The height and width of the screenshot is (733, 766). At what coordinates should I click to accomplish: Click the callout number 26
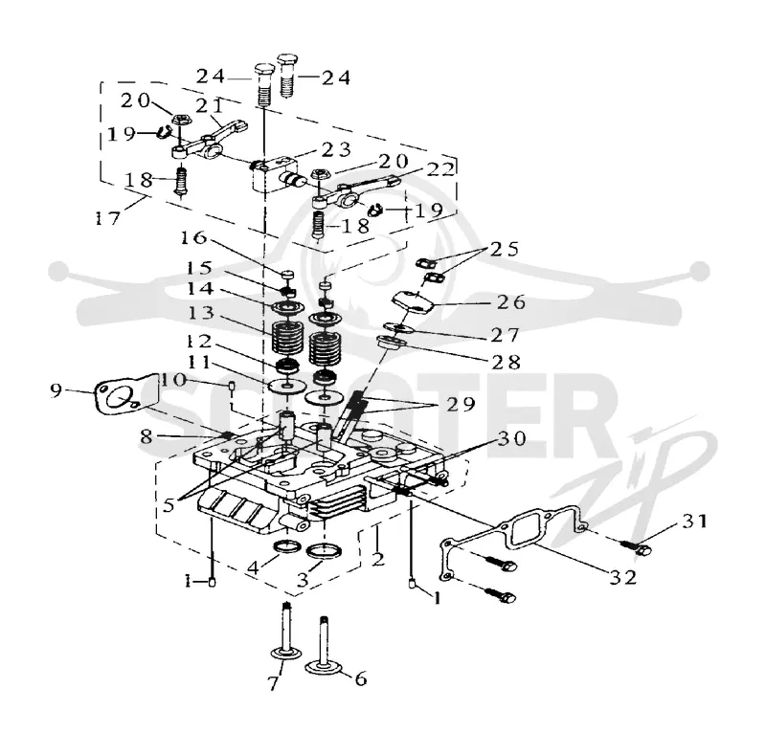[x=511, y=302]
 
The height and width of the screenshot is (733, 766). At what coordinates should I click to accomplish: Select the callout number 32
[x=623, y=577]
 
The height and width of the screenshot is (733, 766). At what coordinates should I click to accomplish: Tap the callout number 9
[x=56, y=390]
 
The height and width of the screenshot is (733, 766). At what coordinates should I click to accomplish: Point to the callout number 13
[x=200, y=313]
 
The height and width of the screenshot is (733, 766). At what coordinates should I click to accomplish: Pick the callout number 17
[x=107, y=218]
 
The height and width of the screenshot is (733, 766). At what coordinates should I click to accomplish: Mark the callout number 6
[x=361, y=678]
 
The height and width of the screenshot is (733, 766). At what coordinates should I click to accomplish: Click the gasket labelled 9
[x=126, y=395]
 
